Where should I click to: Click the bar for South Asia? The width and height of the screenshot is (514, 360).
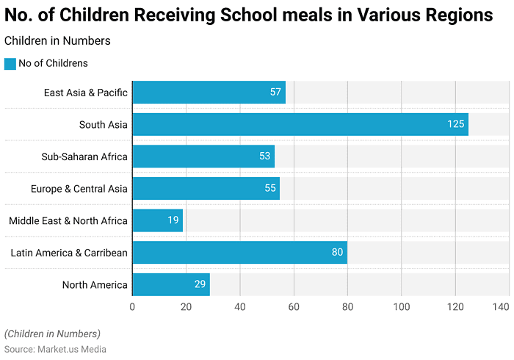tap(300, 124)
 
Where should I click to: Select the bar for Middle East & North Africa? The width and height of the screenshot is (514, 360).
tap(157, 220)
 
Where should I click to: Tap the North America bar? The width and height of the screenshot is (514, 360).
tap(171, 285)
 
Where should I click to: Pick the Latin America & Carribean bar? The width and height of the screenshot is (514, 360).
tap(239, 253)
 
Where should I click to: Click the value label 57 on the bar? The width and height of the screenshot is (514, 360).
tap(275, 93)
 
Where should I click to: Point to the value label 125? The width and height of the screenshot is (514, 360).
tap(456, 124)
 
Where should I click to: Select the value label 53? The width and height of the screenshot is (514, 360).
tap(265, 156)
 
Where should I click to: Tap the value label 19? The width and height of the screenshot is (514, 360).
tap(173, 220)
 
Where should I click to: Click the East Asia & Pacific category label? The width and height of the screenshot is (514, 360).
tap(85, 93)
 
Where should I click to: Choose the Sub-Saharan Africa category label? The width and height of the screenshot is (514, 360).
tap(84, 156)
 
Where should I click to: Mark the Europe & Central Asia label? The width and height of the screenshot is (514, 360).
tap(79, 189)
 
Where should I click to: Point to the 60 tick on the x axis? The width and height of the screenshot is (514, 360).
tap(294, 308)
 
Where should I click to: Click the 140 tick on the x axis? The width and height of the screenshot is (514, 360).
tap(501, 308)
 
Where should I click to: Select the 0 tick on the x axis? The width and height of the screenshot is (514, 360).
tap(132, 308)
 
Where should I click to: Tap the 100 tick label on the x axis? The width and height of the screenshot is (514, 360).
tap(402, 308)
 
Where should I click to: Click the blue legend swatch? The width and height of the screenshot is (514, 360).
tap(10, 64)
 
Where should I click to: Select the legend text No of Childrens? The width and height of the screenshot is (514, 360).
tap(53, 64)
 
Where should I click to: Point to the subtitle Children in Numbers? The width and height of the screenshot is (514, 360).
tap(57, 41)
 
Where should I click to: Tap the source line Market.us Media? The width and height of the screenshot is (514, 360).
tap(55, 349)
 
